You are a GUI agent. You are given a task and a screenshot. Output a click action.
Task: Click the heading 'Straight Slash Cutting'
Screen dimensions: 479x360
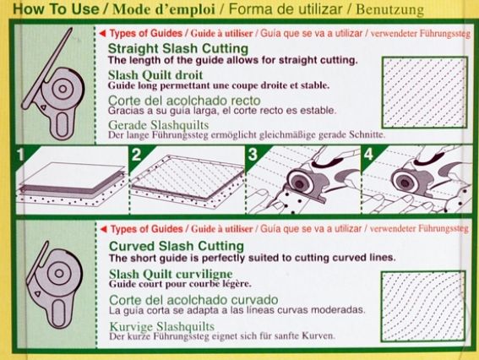coord(178,48)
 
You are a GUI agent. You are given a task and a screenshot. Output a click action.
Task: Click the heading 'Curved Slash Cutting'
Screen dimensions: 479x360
coord(177,246)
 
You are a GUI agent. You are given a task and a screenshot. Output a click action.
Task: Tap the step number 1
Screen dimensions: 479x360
coord(20,155)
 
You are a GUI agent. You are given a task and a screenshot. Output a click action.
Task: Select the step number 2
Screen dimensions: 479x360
coord(136,155)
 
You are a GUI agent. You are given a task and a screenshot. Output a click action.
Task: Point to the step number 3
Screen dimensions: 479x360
coord(253,155)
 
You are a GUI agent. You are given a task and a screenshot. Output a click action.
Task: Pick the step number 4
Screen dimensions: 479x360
coord(368,155)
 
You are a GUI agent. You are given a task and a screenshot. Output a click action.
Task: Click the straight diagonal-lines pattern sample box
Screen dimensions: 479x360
coord(425,92)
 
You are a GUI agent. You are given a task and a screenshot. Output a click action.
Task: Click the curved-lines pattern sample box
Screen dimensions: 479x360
coord(423,306)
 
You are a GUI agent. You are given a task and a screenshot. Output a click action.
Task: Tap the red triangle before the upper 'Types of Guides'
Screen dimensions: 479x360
coord(103,33)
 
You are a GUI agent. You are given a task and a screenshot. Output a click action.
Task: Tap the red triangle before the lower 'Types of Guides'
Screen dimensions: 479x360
coord(104,229)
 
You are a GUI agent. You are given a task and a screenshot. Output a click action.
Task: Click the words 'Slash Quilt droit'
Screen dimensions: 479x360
coord(155,75)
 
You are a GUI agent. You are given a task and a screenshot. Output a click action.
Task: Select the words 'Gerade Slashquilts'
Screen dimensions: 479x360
coord(159,125)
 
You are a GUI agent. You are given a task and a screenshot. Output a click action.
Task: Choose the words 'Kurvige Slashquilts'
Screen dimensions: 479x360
coord(162,326)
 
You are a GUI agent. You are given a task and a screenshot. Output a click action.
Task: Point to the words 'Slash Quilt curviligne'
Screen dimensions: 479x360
coord(171,274)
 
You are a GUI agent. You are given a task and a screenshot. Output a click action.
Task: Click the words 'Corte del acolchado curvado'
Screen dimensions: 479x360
coord(193,300)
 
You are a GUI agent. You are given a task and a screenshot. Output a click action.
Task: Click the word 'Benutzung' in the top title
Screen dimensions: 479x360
coord(390,9)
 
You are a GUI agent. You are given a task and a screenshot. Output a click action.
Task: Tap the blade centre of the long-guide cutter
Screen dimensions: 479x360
coord(63,89)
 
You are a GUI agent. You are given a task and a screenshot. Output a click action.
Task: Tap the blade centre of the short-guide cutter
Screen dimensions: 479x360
coord(58,273)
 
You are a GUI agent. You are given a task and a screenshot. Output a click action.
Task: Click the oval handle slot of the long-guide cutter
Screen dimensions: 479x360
coord(62,123)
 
